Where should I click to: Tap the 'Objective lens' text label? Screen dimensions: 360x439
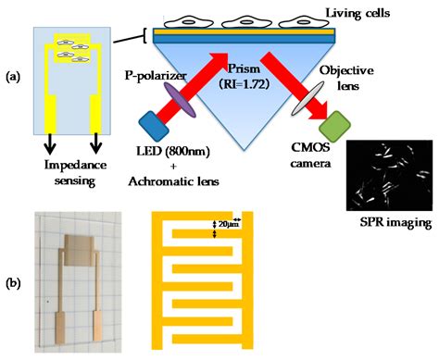pos(336,77)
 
